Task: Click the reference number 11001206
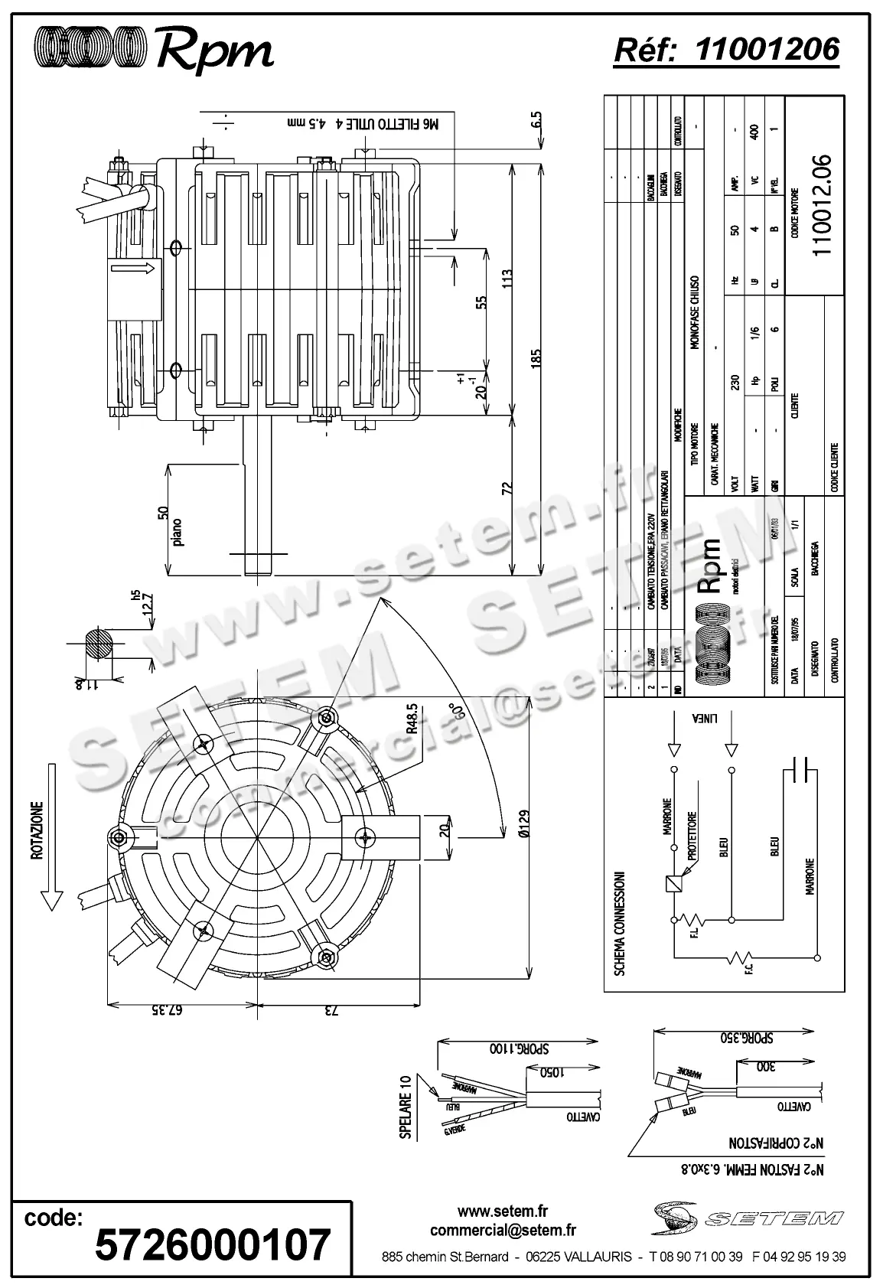pos(767,50)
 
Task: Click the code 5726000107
pos(212,1244)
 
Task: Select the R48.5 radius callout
pos(412,719)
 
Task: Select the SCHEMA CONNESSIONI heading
pos(620,924)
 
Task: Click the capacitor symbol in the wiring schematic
pos(802,770)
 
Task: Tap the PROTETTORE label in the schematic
pos(691,840)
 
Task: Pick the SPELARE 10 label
pos(406,1107)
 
